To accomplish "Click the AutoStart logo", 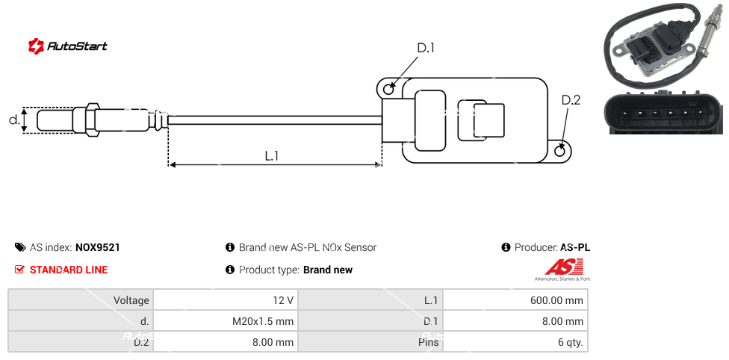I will click(67, 46).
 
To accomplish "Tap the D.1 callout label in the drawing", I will click(425, 49).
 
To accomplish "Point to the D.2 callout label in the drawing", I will click(571, 100).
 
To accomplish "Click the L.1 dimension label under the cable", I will click(272, 155).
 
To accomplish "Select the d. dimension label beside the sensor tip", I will click(13, 120).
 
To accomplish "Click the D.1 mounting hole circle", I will click(388, 90).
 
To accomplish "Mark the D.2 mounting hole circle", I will click(561, 151).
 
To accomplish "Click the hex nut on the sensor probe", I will click(93, 120).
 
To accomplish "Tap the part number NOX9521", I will click(98, 247).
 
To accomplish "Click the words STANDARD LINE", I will click(69, 270).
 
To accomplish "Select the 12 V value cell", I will click(225, 300).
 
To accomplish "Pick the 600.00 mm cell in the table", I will click(515, 300).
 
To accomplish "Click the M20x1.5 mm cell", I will click(225, 322).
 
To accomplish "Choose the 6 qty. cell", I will click(515, 343).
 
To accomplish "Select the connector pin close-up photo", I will click(664, 112).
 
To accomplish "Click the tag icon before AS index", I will click(20, 247).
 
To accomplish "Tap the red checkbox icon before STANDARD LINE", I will click(20, 270).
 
